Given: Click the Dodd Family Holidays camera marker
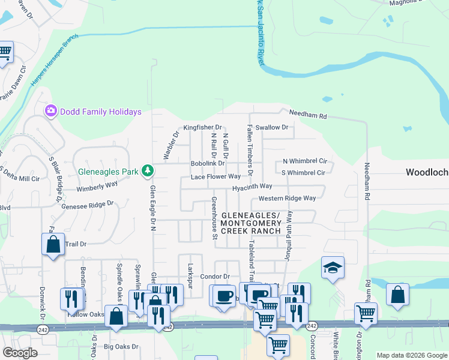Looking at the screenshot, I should [x=51, y=111].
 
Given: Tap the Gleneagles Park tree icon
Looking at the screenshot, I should [x=148, y=171].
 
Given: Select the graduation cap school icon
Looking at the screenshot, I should [x=333, y=268].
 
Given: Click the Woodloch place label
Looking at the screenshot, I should [x=426, y=172].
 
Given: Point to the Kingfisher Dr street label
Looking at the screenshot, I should [x=203, y=128].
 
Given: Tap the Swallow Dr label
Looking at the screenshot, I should [x=271, y=127].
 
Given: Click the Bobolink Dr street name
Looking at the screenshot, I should [x=207, y=163].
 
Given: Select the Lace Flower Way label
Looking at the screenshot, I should [x=215, y=177].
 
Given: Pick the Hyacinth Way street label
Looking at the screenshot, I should [x=253, y=187].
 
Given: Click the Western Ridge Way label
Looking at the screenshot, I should [x=287, y=199].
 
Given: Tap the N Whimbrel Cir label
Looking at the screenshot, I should [x=305, y=161].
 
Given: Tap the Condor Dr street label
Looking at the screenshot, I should [x=215, y=277].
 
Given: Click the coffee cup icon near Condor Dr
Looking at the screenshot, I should [x=224, y=295].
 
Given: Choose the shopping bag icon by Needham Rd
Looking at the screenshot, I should [x=397, y=294].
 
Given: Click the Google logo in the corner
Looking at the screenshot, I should [x=20, y=353].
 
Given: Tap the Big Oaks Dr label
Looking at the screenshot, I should [x=121, y=347].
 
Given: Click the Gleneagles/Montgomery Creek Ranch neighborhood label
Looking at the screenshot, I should [x=250, y=223].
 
